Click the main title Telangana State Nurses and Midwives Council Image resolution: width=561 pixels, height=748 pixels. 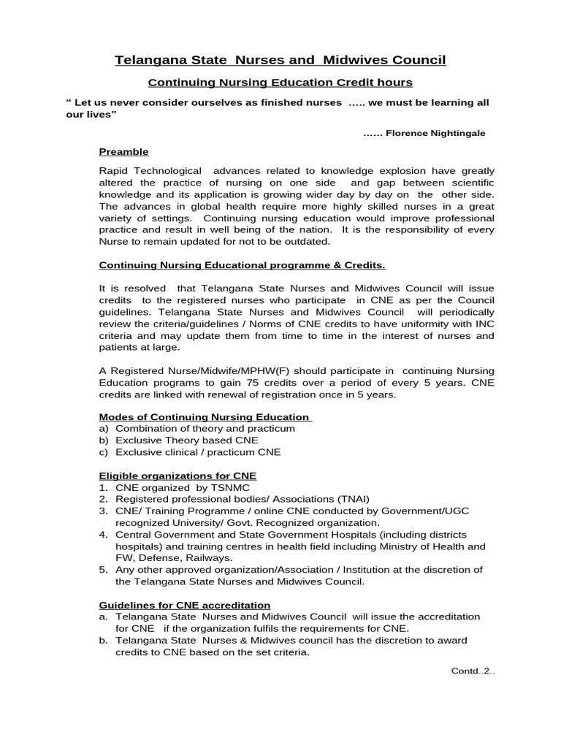[280, 60]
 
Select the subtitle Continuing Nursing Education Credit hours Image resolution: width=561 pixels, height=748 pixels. [280, 83]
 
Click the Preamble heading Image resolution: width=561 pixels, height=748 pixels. [123, 152]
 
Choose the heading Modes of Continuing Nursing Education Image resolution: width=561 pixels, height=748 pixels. [205, 417]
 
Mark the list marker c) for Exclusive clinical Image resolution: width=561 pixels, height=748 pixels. [104, 452]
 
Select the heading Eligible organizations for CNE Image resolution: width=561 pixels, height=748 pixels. [178, 476]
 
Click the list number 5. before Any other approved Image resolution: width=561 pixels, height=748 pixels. [104, 570]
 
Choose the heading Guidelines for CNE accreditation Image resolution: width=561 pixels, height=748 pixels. [185, 605]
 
